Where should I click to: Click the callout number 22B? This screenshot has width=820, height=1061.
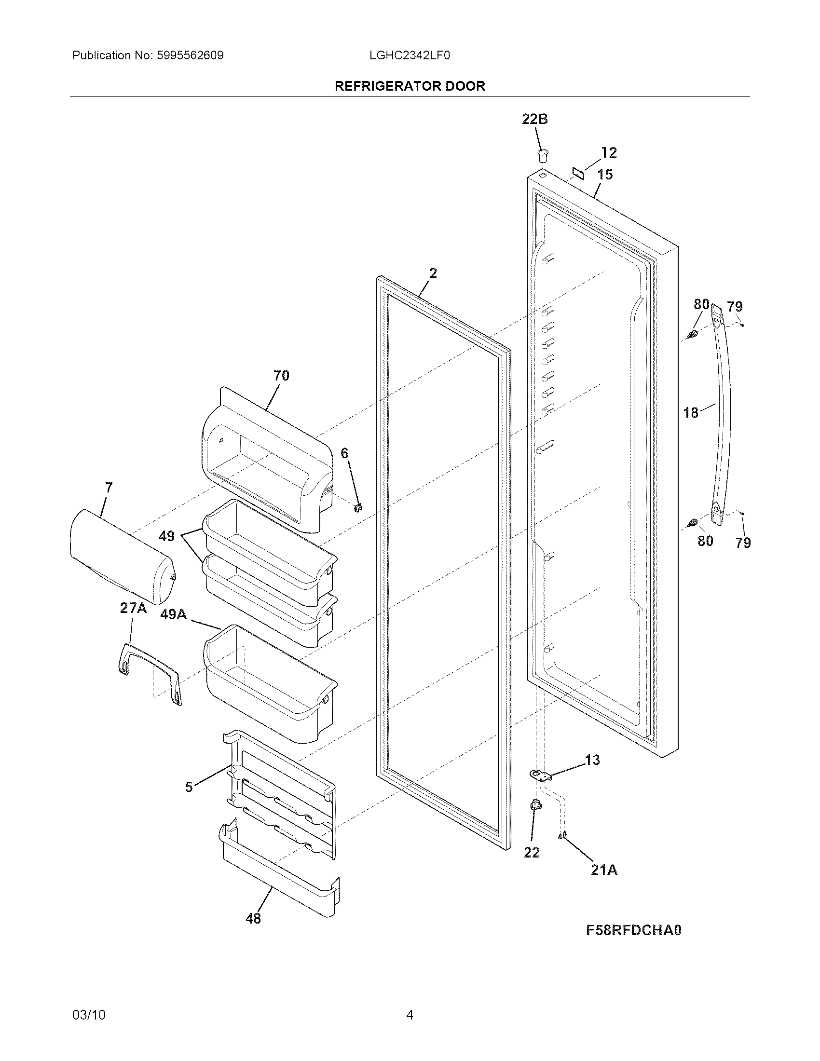534,119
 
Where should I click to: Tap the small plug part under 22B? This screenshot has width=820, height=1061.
542,155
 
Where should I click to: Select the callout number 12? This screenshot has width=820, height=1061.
609,152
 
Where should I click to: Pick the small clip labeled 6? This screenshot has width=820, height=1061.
359,508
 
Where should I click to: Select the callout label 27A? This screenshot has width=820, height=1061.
133,608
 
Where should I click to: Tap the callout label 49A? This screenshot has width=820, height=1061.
174,614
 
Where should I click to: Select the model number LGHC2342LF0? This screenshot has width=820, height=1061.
410,55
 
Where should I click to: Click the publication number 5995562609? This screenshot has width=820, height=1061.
190,55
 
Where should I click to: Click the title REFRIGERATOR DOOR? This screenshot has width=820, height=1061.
410,86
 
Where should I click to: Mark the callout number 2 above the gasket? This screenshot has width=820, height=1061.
433,273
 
